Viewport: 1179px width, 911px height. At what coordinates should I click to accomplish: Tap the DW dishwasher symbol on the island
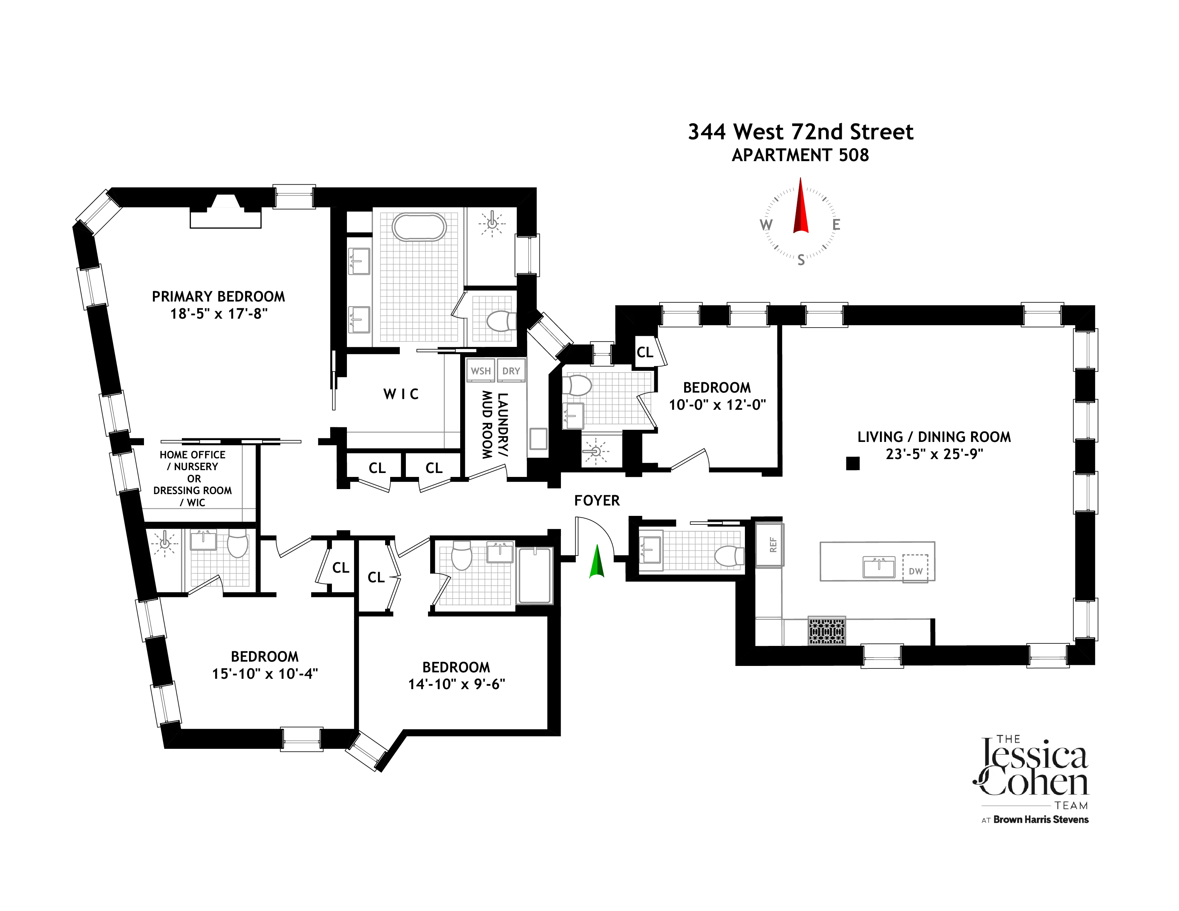point(916,569)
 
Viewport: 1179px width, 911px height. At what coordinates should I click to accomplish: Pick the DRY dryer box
point(511,371)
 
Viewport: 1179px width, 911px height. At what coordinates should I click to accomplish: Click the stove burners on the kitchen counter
point(826,630)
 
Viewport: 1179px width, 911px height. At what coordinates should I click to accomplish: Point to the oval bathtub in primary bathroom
point(419,227)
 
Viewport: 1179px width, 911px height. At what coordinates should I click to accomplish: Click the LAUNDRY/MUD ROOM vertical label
point(494,425)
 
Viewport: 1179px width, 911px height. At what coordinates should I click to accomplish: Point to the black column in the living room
point(852,463)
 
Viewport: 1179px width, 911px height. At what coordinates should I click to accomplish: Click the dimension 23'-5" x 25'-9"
point(934,454)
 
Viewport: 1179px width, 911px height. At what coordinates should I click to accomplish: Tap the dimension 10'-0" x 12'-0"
point(717,405)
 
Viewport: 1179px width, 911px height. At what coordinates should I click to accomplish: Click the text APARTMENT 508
point(800,155)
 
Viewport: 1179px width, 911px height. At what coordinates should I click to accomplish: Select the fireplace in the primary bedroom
point(226,213)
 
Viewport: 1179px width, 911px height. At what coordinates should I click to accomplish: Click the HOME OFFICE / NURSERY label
point(193,461)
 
